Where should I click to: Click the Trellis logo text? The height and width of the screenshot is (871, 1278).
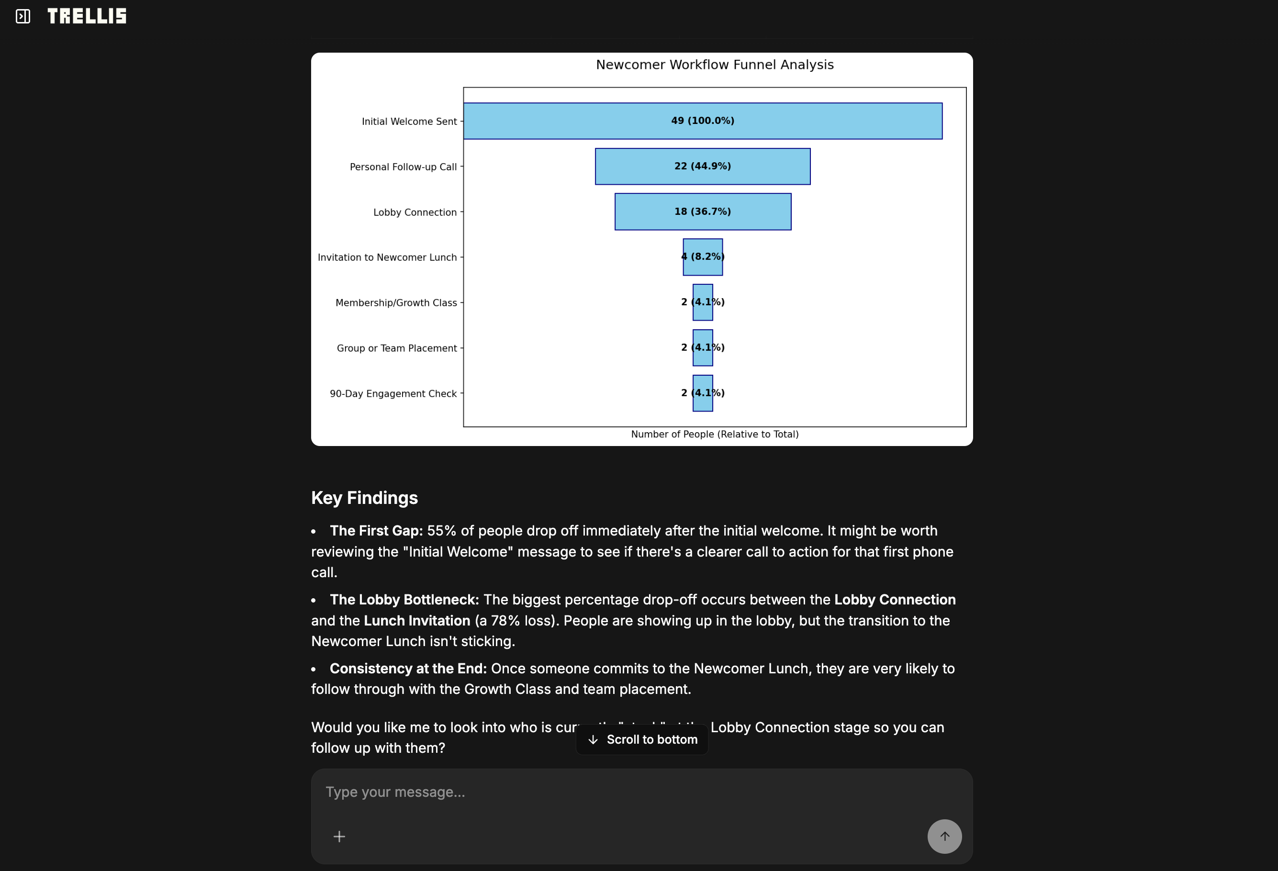pos(87,16)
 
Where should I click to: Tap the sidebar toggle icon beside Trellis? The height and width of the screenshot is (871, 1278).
pos(22,16)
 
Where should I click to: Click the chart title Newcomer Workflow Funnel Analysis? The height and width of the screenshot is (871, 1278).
pos(714,65)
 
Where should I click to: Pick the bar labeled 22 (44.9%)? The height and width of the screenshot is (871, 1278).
pos(702,166)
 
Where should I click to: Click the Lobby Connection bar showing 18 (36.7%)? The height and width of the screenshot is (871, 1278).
pos(702,212)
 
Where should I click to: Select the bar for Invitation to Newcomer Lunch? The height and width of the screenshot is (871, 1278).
pos(702,257)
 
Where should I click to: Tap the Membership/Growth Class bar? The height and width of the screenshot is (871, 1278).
pos(702,302)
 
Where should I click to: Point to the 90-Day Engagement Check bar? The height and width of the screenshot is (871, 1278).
pos(702,393)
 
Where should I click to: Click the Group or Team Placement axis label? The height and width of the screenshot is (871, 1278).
pos(396,348)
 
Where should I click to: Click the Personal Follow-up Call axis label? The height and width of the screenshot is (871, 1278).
pos(403,167)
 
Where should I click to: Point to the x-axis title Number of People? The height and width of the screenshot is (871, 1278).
pos(714,435)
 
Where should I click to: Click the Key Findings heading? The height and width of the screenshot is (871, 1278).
pos(364,498)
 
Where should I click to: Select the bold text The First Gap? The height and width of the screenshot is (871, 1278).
pos(376,531)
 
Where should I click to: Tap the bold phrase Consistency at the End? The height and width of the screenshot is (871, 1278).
pos(408,669)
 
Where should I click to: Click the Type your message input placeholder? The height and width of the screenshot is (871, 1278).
pos(395,792)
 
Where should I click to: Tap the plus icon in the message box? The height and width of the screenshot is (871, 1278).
pos(339,837)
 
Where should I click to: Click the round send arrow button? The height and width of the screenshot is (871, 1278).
pos(944,837)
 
